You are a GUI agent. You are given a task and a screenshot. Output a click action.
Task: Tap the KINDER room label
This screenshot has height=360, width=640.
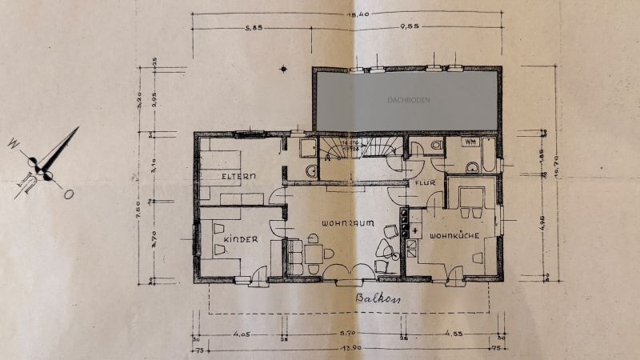point(242,239)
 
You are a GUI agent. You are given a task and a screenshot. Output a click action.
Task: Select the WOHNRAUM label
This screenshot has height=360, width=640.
point(349,223)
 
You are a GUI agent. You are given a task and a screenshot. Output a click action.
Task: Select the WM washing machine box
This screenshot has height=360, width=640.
point(470,142)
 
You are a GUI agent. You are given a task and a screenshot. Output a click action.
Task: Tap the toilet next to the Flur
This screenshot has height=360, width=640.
point(434,145)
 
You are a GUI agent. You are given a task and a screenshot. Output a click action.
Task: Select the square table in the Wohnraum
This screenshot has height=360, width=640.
point(314,254)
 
